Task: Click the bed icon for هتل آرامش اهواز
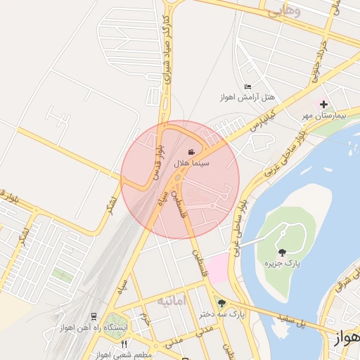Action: pos(247,87)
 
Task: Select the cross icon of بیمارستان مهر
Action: pos(323,104)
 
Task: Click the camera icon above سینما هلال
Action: pos(191,152)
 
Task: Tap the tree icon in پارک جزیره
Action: pos(282,252)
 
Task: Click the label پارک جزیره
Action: pos(282,263)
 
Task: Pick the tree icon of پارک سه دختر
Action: pos(222,304)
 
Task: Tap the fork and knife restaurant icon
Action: pos(124,344)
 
